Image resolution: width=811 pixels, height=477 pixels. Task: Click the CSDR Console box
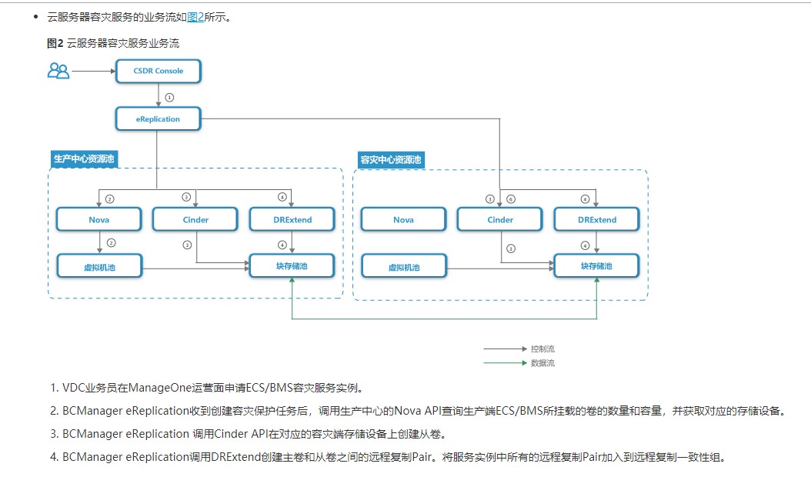coord(159,71)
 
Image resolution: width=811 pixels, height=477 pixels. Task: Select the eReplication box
coord(159,119)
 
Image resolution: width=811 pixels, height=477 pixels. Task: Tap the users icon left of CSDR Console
coord(58,71)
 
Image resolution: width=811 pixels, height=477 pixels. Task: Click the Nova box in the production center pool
coord(99,219)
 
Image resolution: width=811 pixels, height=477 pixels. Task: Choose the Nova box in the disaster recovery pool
coord(403,219)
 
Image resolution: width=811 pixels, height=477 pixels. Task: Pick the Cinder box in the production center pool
coord(195,219)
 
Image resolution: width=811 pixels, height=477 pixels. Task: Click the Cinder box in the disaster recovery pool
coord(500,219)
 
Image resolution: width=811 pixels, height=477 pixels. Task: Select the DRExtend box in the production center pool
coord(292,219)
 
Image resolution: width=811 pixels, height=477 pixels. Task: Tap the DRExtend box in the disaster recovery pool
coord(596,219)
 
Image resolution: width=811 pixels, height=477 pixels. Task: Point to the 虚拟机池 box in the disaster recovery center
coord(403,267)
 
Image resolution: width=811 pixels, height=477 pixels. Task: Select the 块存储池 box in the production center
coord(292,265)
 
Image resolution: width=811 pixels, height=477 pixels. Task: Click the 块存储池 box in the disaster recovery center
coord(596,266)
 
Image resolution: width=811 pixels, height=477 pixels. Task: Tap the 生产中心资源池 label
coord(84,159)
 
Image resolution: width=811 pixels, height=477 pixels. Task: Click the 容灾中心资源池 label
coord(391,160)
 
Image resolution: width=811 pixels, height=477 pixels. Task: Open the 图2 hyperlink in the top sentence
coord(195,17)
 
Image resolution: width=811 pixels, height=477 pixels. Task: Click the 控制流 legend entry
coord(542,349)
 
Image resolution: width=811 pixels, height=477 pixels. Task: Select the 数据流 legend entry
coord(542,362)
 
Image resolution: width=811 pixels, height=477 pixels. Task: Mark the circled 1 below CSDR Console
coord(169,97)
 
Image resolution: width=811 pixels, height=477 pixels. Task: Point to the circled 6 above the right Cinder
coord(511,199)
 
